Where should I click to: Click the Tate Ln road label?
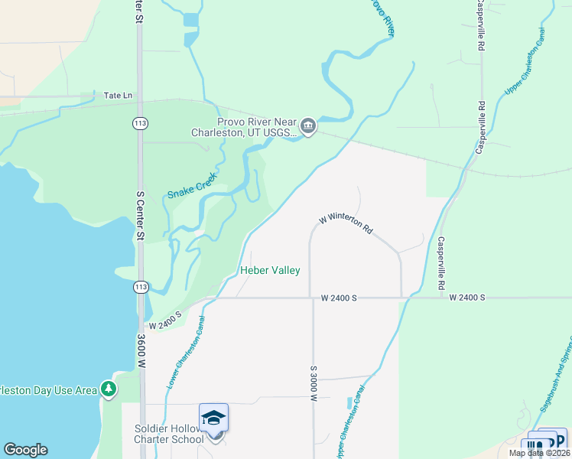point(118,96)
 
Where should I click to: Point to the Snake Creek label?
point(193,186)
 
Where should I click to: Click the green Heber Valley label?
point(270,270)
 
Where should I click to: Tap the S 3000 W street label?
point(314,382)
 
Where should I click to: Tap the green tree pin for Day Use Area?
point(109,389)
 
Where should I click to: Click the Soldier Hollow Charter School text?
point(169,433)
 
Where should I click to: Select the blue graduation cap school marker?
point(214,418)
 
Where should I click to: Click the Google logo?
point(25,450)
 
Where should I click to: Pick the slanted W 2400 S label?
point(165,321)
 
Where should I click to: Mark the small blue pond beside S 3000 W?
point(350,402)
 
